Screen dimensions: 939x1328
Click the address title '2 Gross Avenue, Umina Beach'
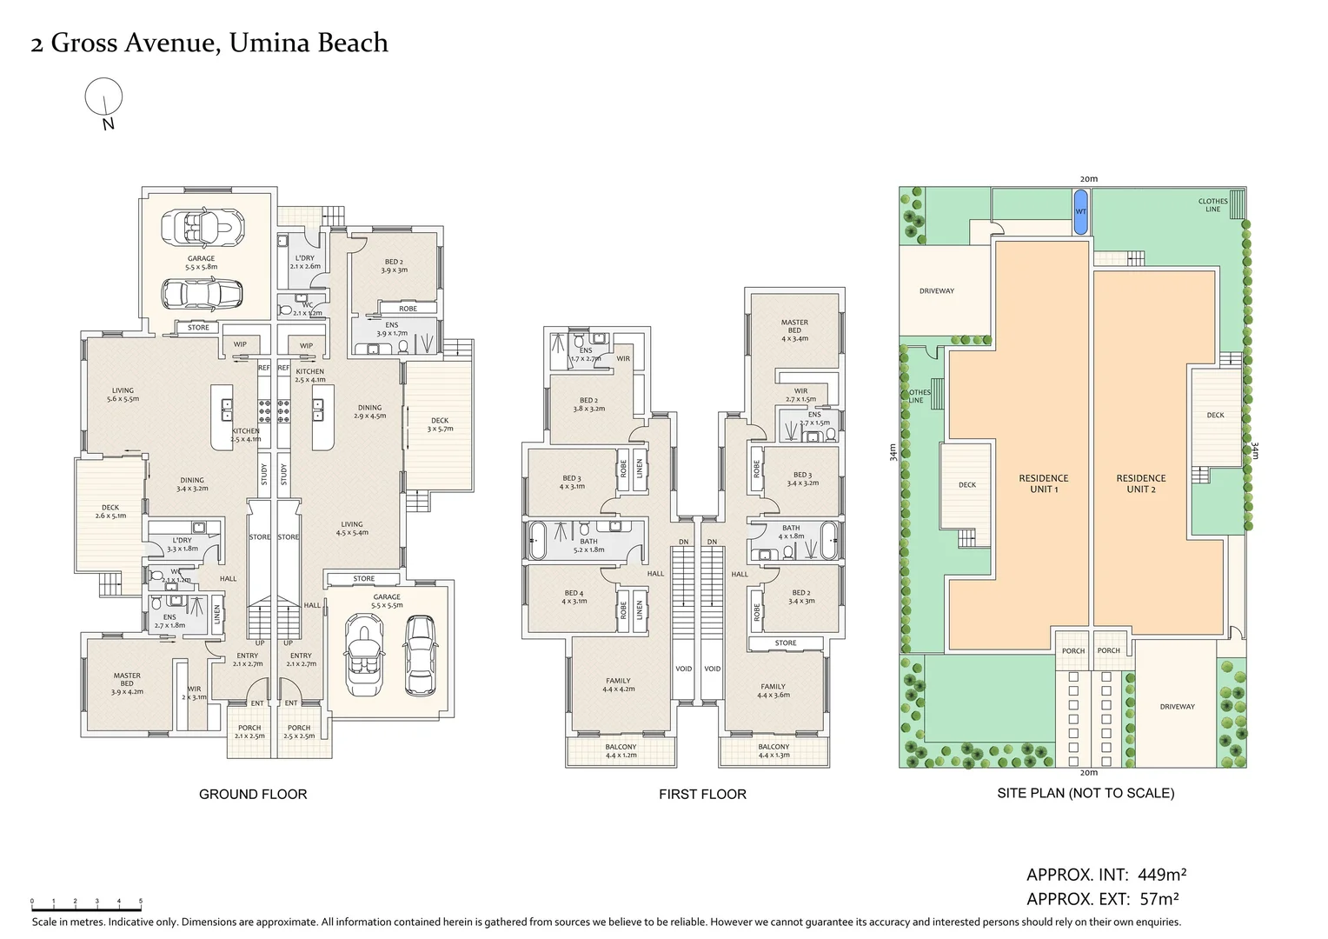209,43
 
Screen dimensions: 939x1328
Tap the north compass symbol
103,97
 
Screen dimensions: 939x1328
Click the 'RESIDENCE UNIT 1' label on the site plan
1043,483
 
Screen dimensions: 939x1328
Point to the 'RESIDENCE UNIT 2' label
1140,483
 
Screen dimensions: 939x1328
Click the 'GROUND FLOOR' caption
253,794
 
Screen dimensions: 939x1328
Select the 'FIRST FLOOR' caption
702,794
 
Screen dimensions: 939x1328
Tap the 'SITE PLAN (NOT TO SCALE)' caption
1086,793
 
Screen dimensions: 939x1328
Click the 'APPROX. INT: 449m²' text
1106,875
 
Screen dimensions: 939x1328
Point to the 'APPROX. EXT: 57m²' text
1102,899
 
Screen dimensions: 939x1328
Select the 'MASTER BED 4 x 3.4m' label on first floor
794,330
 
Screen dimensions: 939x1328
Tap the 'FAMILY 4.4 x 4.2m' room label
618,685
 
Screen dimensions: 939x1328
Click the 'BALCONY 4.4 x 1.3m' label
774,750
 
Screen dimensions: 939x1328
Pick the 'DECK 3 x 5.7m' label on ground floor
440,424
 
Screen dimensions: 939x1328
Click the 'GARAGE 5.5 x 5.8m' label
201,263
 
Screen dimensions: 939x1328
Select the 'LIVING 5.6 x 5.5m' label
123,395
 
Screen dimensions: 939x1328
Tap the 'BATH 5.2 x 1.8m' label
588,545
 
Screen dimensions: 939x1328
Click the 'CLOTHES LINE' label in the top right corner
1212,205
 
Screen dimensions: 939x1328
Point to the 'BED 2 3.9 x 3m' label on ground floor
394,265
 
